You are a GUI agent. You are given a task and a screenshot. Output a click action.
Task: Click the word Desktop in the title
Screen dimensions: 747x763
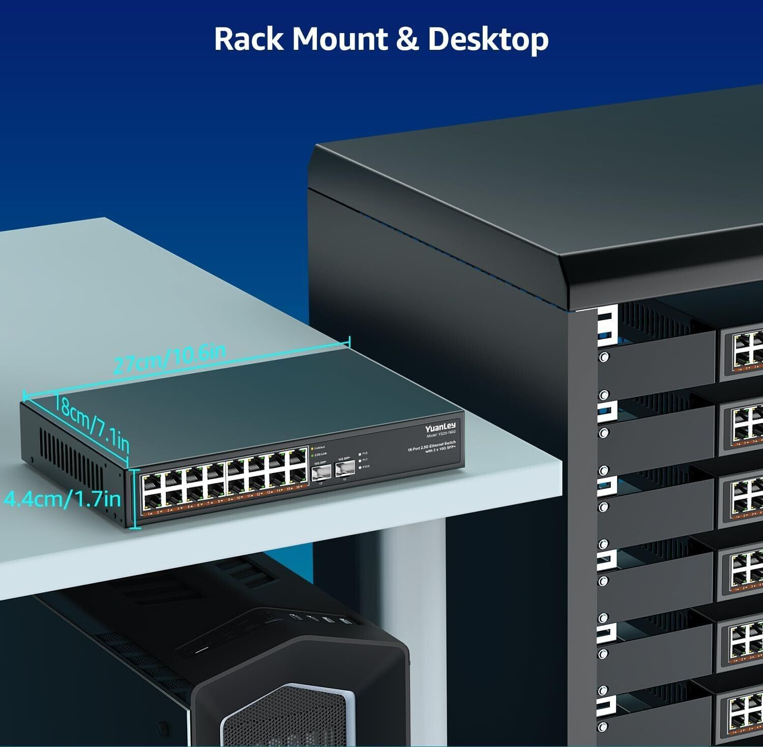(x=488, y=40)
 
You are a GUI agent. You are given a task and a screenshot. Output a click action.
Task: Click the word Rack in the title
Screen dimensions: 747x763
(x=248, y=39)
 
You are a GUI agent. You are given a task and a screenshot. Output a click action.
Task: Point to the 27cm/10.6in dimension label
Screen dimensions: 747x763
(x=169, y=358)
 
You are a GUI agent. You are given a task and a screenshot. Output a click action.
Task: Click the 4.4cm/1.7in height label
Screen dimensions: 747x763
(x=62, y=499)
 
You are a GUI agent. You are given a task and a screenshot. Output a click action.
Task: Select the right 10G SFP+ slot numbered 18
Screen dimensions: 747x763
(x=344, y=470)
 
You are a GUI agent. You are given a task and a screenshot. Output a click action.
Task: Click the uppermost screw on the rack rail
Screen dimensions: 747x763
(x=604, y=357)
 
